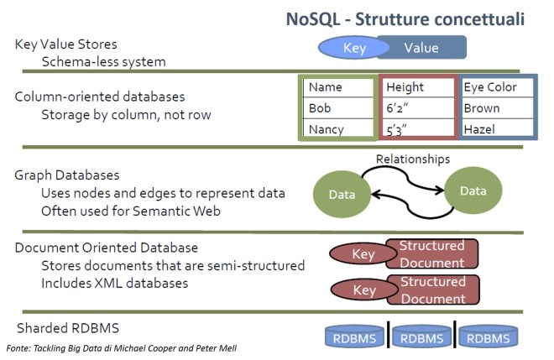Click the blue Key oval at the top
point(354,49)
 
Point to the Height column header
point(417,86)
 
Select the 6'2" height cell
point(417,108)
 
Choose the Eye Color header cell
point(497,86)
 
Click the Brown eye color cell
point(497,108)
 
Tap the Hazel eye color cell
point(497,130)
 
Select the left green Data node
point(341,195)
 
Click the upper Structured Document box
point(431,253)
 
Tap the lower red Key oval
point(364,291)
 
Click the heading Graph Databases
point(67,175)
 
